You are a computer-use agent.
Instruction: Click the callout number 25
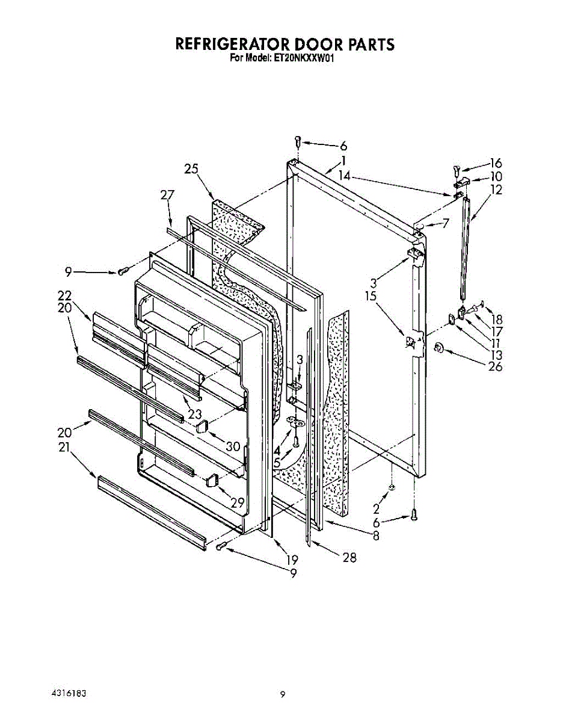pos(191,169)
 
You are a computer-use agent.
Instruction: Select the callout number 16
pos(496,163)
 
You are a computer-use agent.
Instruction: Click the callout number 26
pos(495,366)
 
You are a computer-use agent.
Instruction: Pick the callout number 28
pos(349,558)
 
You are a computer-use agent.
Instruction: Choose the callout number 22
pos(64,295)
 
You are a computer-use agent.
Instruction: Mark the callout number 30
pos(234,446)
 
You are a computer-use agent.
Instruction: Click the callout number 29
pos(238,503)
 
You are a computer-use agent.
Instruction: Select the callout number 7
pos(446,224)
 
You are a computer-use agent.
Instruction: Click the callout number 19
pos(292,560)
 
